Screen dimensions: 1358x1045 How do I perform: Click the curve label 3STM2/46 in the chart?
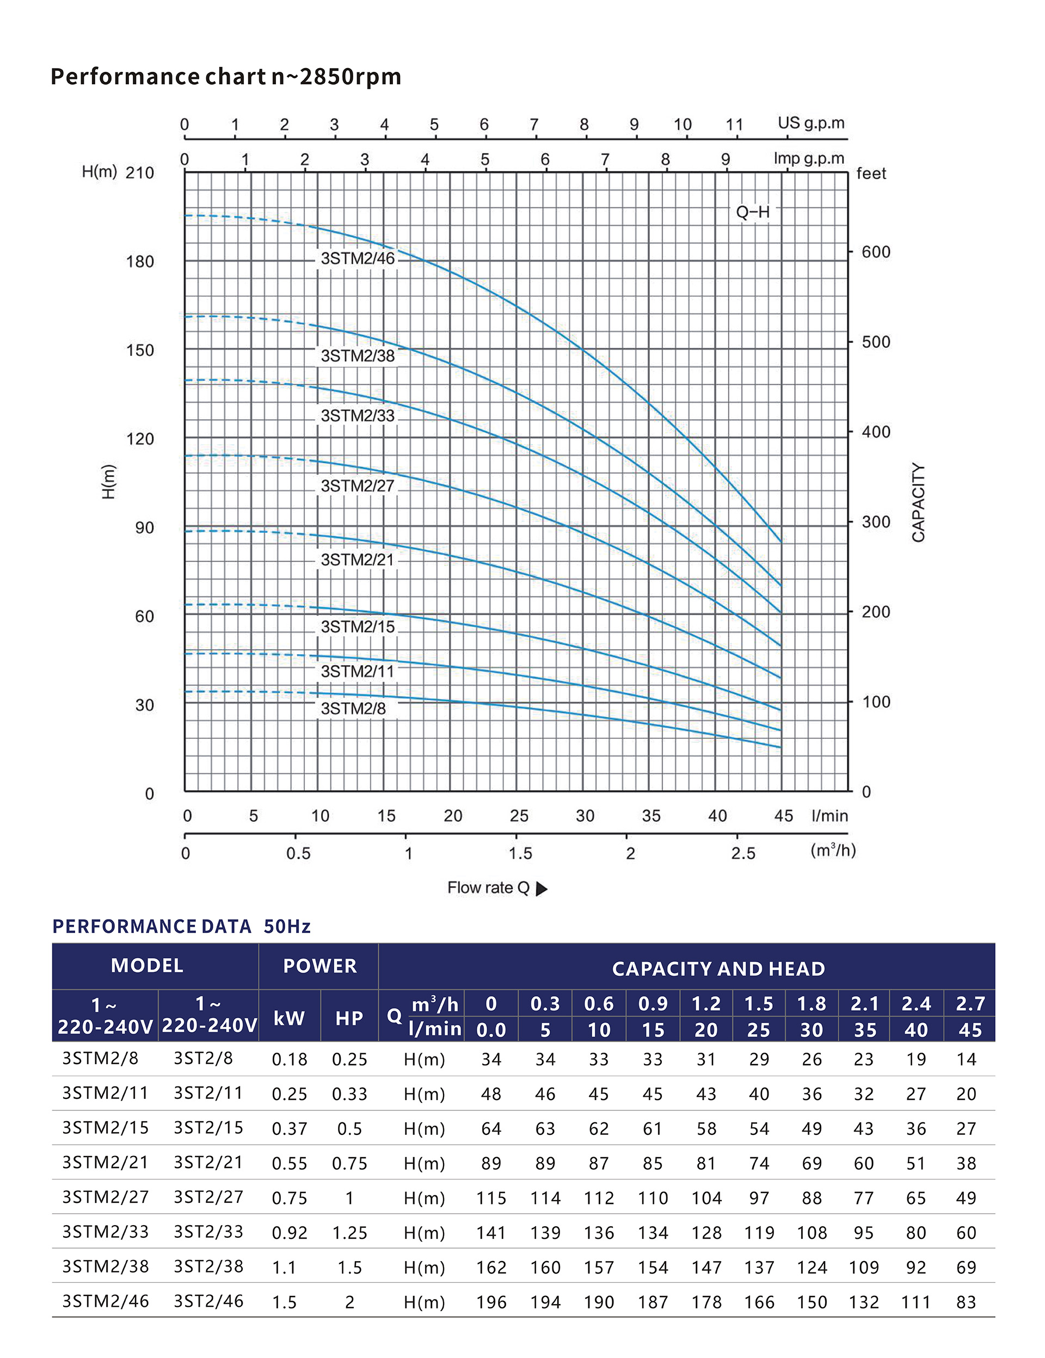358,259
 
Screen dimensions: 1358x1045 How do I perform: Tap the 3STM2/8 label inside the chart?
353,709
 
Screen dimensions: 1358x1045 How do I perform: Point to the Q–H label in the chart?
752,213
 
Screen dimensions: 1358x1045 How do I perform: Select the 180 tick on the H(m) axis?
140,262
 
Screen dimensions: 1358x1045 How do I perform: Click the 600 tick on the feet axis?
875,253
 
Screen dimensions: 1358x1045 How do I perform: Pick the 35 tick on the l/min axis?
651,816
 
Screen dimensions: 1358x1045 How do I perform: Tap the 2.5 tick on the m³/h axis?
743,854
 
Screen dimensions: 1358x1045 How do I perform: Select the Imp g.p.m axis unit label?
808,158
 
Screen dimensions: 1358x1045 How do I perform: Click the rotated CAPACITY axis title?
918,502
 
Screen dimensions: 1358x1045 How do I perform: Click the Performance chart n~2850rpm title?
226,77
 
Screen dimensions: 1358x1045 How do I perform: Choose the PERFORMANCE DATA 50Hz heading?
181,926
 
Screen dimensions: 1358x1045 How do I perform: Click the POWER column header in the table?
319,966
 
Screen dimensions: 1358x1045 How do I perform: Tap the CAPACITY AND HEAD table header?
718,969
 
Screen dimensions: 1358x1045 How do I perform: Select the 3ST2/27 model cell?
208,1197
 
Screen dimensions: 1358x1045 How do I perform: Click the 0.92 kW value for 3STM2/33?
289,1232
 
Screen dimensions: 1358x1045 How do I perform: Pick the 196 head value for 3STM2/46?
491,1302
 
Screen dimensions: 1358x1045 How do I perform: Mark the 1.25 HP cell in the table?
349,1232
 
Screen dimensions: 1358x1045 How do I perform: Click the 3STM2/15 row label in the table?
105,1128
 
